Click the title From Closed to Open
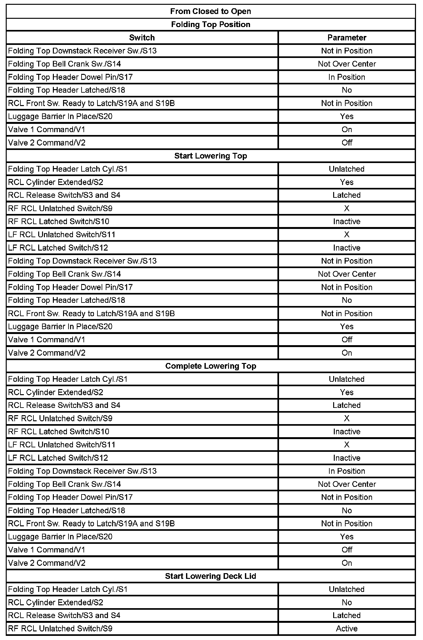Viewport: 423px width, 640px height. (x=211, y=11)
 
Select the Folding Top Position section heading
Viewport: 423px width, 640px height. (x=211, y=25)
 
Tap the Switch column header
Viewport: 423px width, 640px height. (x=142, y=38)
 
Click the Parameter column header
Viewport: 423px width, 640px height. (x=347, y=38)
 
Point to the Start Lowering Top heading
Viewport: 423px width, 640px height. (x=211, y=156)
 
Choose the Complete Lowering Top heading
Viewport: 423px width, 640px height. (x=211, y=366)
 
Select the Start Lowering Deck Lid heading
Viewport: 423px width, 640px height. (x=211, y=576)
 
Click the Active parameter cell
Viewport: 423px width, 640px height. (x=347, y=628)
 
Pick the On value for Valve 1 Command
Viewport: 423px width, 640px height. (x=347, y=130)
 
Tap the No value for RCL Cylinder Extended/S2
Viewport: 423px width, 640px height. (x=347, y=602)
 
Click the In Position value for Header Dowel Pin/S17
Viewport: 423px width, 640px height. (x=347, y=77)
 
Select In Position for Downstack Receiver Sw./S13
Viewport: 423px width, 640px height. (x=347, y=471)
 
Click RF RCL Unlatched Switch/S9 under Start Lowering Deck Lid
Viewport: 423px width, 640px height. (x=60, y=628)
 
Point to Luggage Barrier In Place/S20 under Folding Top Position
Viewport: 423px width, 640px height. (x=60, y=117)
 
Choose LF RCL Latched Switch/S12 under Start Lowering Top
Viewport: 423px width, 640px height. (x=58, y=248)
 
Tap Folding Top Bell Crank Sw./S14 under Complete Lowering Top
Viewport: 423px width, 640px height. (x=64, y=484)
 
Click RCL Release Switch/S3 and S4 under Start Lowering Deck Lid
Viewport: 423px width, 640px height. (x=64, y=615)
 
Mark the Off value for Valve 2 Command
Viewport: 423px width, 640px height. (x=347, y=143)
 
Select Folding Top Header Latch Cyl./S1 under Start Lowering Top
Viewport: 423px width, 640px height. (x=68, y=169)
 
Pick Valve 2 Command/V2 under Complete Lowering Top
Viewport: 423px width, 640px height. (x=47, y=563)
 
